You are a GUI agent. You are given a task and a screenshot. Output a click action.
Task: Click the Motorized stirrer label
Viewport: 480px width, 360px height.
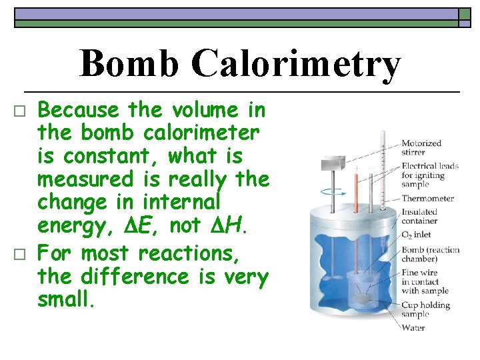pos(421,147)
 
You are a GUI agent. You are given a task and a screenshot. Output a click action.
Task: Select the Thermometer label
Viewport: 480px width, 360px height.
pos(427,198)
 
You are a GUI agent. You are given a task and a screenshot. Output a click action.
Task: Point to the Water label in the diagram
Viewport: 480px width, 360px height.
pos(413,327)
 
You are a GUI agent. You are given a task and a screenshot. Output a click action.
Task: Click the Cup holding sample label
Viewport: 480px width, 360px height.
pos(425,309)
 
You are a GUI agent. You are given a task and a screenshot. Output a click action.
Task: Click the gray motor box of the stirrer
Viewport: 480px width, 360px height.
pos(333,164)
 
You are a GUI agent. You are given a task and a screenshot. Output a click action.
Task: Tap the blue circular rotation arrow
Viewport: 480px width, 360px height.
pos(332,191)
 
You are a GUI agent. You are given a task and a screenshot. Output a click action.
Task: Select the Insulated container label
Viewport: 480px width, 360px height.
pos(419,216)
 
